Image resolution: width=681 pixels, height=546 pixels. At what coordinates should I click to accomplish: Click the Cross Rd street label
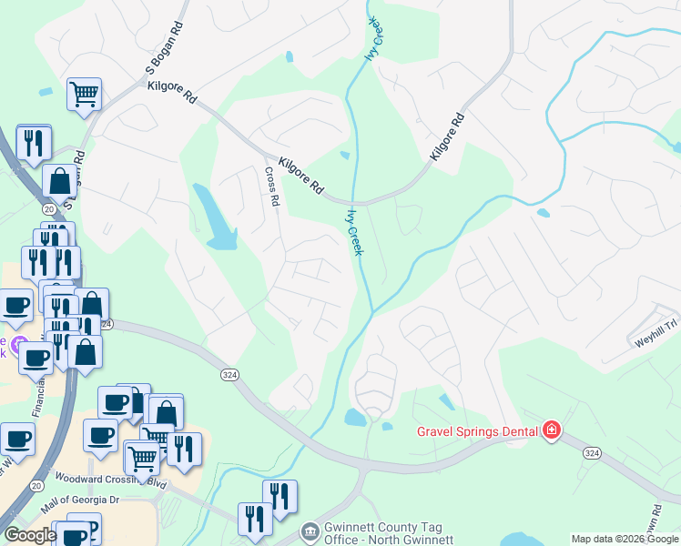point(270,185)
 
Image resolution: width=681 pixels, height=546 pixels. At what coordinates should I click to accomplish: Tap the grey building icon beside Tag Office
point(310,530)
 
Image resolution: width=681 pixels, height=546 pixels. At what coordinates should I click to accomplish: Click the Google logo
point(29,535)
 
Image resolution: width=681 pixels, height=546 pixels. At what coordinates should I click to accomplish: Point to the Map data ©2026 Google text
point(625,539)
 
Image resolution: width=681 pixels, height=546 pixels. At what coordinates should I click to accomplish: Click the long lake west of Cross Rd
point(215,217)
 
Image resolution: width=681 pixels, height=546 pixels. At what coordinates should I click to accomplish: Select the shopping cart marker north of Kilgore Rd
point(84,93)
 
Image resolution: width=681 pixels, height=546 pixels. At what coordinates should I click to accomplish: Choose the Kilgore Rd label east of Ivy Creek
point(447,136)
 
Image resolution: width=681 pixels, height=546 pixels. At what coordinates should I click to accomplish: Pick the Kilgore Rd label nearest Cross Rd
point(301,177)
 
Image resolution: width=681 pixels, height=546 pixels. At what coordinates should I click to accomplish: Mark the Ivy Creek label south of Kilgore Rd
point(353,232)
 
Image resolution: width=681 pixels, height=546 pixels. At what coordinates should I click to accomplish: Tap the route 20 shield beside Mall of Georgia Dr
point(36,486)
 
